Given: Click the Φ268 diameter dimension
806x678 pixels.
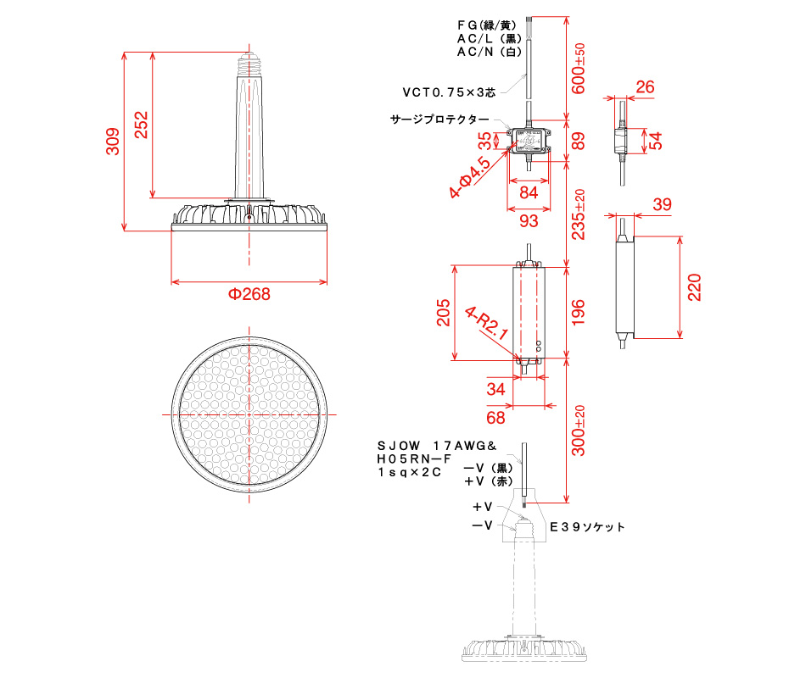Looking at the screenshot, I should coord(249,295).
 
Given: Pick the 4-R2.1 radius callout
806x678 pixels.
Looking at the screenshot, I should coord(487,323).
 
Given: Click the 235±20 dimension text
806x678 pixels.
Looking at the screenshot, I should coord(579,214).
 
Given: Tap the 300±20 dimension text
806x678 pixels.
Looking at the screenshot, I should coord(579,431).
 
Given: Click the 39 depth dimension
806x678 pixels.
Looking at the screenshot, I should coord(662,204).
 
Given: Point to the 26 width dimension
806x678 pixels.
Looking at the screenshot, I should coord(645,86).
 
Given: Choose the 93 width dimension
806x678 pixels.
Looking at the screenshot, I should coord(528,220).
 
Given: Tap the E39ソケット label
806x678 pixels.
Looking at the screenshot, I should coord(588,526).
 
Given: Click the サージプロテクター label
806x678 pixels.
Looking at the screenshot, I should coord(439,119).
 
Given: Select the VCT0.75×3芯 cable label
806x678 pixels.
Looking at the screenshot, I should coord(449,92).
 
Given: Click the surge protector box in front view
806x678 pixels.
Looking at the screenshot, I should coord(528,140).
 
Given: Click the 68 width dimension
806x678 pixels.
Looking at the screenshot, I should coord(496,417).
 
